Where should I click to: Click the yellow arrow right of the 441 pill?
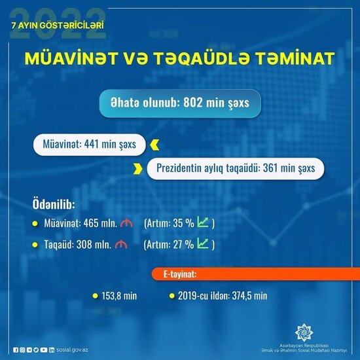tap(154, 143)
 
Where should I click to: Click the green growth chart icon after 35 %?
tap(203, 223)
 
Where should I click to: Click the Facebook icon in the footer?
tap(16, 351)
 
